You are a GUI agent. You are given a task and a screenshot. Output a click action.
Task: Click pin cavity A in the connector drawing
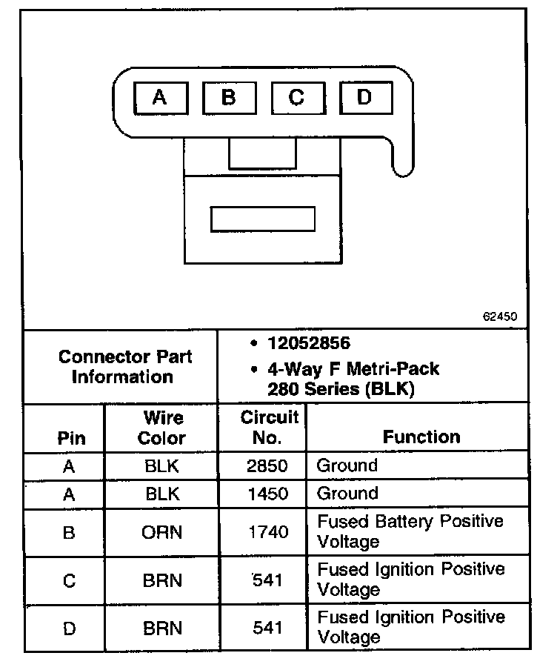[160, 98]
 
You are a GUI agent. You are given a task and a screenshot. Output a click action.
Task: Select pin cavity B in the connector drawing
[229, 98]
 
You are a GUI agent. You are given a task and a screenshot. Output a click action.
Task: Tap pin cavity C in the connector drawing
[297, 98]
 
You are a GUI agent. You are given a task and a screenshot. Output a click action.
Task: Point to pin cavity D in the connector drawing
[364, 98]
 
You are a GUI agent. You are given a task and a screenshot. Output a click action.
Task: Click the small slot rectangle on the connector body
[263, 219]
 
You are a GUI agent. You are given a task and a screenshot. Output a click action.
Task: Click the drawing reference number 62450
[500, 316]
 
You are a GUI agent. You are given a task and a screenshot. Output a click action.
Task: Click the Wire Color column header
[162, 428]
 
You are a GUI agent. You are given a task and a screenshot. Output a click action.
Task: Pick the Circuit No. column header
[269, 427]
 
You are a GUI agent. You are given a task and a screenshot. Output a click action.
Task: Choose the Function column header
[421, 437]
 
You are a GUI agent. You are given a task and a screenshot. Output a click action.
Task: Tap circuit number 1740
[267, 532]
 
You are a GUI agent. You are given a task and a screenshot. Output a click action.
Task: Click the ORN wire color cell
[162, 532]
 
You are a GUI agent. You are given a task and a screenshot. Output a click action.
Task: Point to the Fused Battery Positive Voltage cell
[410, 531]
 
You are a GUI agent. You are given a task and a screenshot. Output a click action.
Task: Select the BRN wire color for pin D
[162, 628]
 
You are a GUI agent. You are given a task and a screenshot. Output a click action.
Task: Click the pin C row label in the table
[69, 581]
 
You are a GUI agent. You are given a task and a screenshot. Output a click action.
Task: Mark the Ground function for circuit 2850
[347, 466]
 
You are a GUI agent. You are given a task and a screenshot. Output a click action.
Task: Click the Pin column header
[72, 437]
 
